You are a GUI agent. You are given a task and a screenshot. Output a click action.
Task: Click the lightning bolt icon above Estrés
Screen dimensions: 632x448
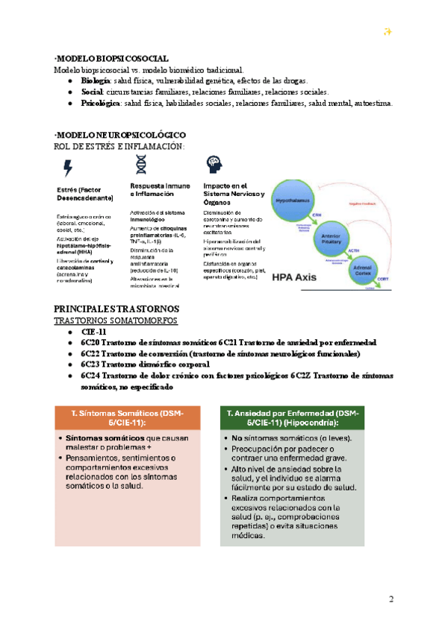click(68, 167)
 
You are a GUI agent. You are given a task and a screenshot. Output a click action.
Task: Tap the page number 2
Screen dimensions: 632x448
click(391, 600)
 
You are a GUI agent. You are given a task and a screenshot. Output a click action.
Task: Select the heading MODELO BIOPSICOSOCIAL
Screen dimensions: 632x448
click(111, 58)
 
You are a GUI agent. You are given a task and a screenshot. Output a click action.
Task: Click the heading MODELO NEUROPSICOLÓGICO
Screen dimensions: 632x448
click(120, 134)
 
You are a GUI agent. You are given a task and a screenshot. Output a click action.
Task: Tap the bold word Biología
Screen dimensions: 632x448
click(95, 80)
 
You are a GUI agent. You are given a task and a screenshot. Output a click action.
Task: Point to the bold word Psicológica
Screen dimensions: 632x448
click(101, 103)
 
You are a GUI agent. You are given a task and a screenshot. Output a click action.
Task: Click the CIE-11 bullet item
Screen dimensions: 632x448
click(93, 331)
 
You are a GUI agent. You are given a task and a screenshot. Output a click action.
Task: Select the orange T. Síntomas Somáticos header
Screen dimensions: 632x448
click(137, 417)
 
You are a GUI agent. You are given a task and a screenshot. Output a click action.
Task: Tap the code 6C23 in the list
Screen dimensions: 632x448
click(93, 364)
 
